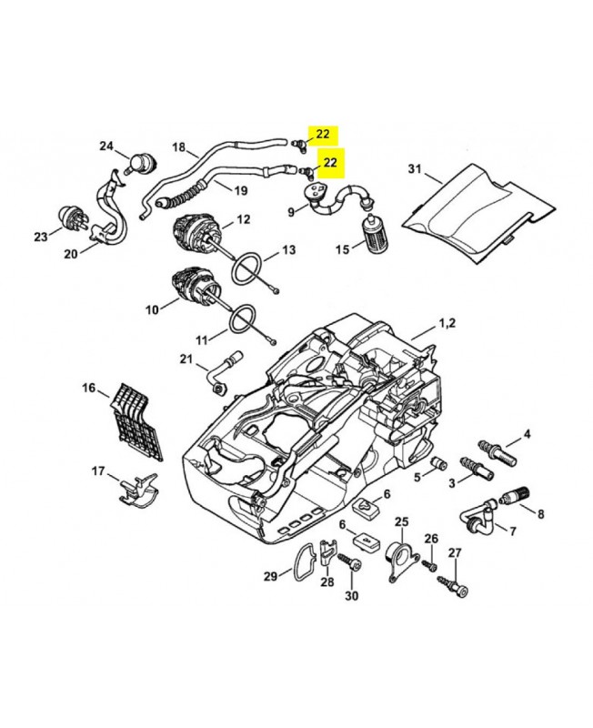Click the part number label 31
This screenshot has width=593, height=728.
coord(414,168)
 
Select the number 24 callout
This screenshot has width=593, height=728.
coord(106,147)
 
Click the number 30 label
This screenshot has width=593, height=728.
coord(351,596)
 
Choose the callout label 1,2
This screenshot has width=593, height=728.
coord(447,323)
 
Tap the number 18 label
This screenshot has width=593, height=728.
coord(177,147)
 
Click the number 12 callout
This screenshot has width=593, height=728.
coord(244,219)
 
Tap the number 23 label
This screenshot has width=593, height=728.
coord(40,238)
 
